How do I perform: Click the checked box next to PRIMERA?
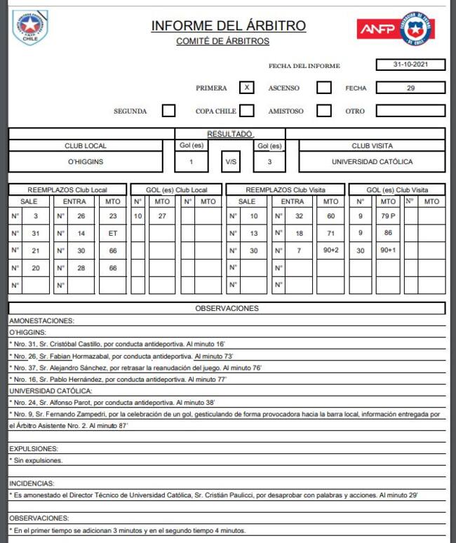click(246, 88)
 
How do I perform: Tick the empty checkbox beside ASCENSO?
click(323, 88)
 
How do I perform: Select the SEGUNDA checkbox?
click(168, 111)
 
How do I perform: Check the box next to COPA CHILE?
click(246, 111)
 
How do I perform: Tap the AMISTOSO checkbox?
click(323, 111)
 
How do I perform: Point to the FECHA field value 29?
click(410, 88)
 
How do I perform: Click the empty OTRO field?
click(410, 111)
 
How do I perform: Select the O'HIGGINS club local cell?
click(86, 161)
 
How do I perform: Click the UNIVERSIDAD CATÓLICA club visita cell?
click(372, 161)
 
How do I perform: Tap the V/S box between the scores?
click(231, 161)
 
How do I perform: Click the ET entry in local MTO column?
click(112, 233)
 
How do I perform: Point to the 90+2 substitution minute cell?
click(330, 250)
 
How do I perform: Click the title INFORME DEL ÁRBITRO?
click(228, 26)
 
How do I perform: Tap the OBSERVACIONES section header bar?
click(227, 308)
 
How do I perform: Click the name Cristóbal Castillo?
click(79, 344)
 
